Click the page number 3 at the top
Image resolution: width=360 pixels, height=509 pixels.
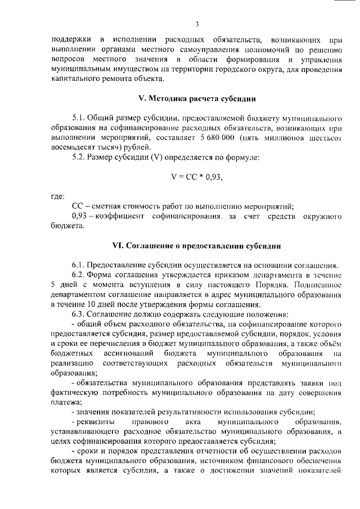(x=197, y=24)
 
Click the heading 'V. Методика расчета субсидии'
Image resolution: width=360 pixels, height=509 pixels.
(x=197, y=98)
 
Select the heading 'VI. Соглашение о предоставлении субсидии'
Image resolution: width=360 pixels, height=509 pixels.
(x=197, y=246)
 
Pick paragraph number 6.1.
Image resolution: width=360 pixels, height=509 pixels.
(x=80, y=265)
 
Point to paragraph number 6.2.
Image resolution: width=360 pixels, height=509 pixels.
(x=80, y=274)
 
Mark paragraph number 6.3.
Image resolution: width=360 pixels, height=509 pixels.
(x=80, y=313)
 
